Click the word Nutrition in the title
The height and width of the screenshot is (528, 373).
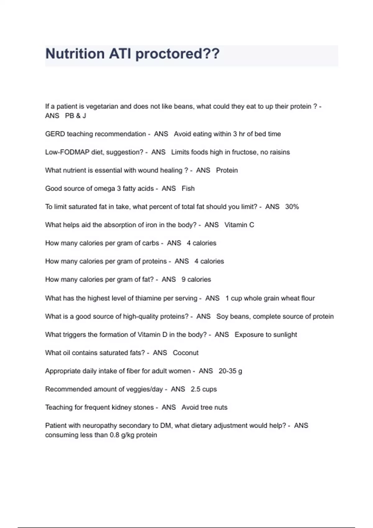click(75, 54)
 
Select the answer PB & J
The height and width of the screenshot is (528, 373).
click(76, 116)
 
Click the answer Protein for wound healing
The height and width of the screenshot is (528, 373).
click(227, 170)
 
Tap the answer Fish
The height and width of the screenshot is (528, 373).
click(188, 189)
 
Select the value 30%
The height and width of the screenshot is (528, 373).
click(292, 207)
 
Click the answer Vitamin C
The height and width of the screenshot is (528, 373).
click(239, 225)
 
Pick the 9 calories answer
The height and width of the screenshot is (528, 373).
click(196, 280)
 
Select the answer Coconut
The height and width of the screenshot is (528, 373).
click(186, 353)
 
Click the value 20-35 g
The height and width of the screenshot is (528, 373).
click(230, 371)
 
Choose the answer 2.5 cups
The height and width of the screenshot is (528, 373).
click(204, 389)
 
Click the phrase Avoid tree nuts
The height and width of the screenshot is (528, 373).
click(204, 407)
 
